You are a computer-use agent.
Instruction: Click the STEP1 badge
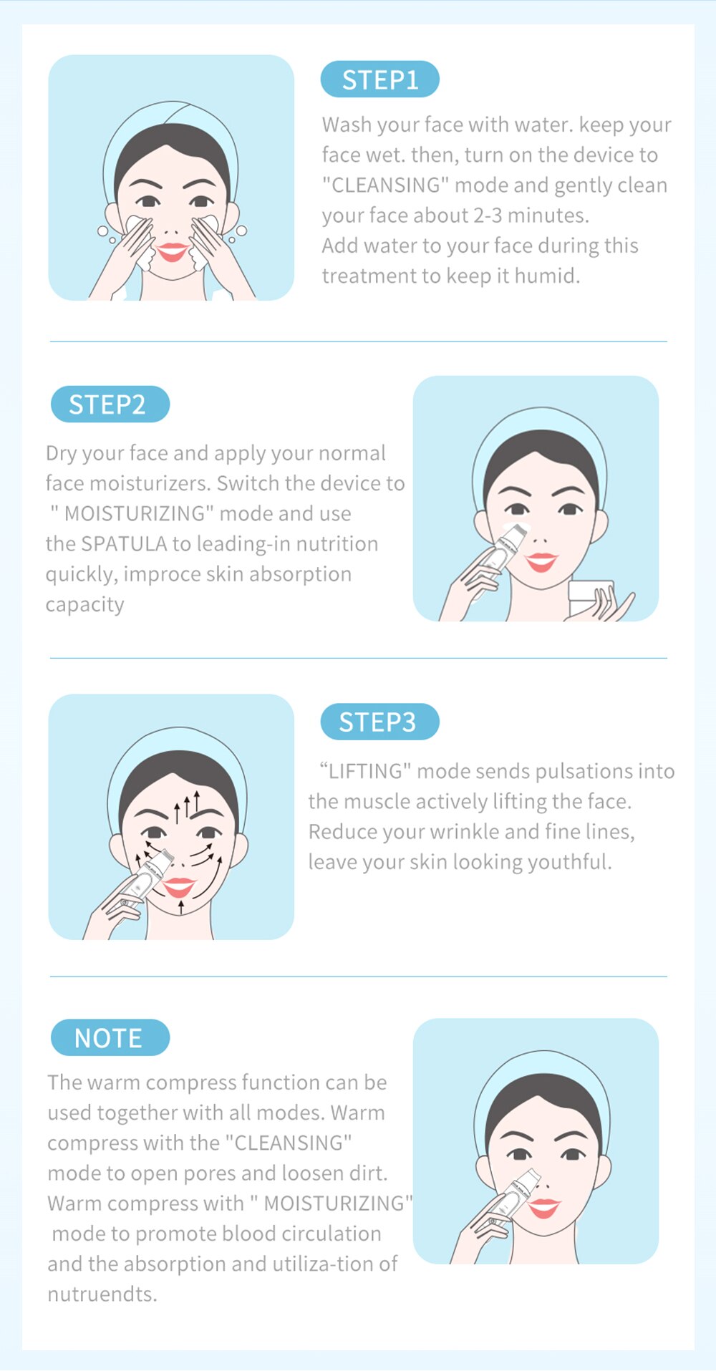click(x=379, y=79)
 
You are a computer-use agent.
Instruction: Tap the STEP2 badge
click(x=110, y=404)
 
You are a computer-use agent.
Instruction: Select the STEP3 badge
click(x=379, y=722)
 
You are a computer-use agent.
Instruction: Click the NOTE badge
click(x=110, y=1037)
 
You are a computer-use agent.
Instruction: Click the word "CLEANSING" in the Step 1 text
click(x=386, y=185)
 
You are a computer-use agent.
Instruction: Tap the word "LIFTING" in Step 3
click(x=364, y=771)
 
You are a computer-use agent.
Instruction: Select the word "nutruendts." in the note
click(x=102, y=1294)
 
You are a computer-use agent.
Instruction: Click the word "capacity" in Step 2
click(x=84, y=605)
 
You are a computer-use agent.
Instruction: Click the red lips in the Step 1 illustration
click(x=172, y=251)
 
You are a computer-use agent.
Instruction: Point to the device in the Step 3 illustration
click(x=146, y=880)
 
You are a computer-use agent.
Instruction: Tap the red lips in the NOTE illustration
click(x=544, y=1208)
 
